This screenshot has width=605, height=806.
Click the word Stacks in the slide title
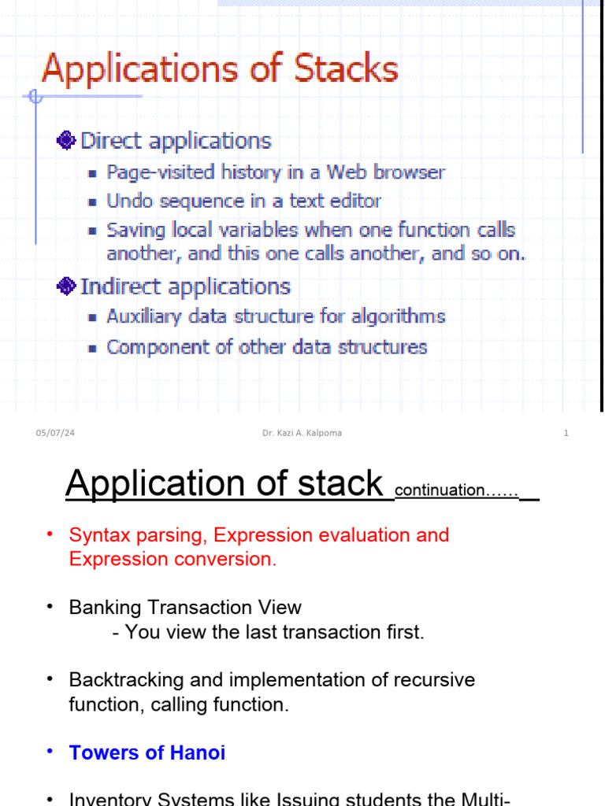pyautogui.click(x=346, y=69)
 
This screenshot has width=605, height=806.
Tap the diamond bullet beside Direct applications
pyautogui.click(x=66, y=141)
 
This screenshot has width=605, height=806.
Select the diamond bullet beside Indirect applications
pyautogui.click(x=66, y=287)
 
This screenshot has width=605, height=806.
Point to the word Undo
pyautogui.click(x=131, y=201)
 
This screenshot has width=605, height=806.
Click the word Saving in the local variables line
pyautogui.click(x=135, y=231)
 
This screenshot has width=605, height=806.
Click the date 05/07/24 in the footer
pyautogui.click(x=50, y=434)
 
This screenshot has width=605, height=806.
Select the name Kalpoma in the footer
pyautogui.click(x=323, y=434)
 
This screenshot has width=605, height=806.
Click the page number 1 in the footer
pyautogui.click(x=566, y=434)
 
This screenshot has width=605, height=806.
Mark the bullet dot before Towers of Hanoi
pyautogui.click(x=50, y=752)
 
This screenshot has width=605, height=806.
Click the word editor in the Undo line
pyautogui.click(x=355, y=201)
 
